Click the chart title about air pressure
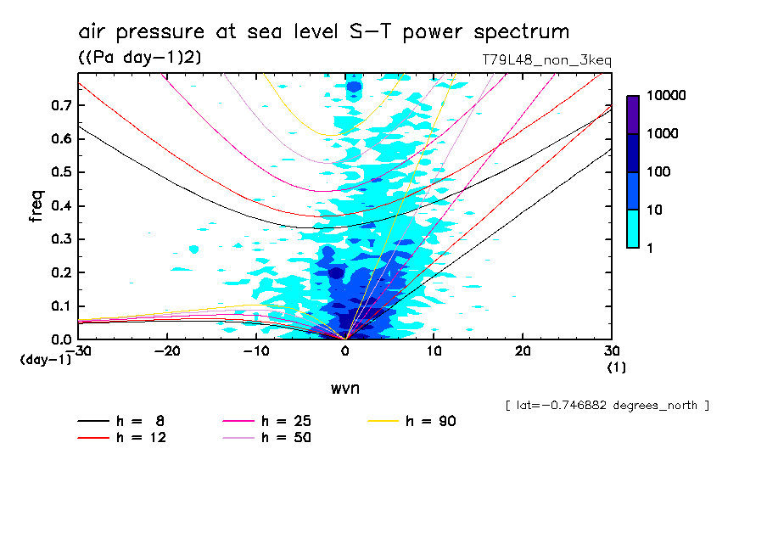pyautogui.click(x=323, y=32)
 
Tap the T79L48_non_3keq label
pyautogui.click(x=546, y=60)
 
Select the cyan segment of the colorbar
pyautogui.click(x=633, y=228)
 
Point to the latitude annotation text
pyautogui.click(x=607, y=406)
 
